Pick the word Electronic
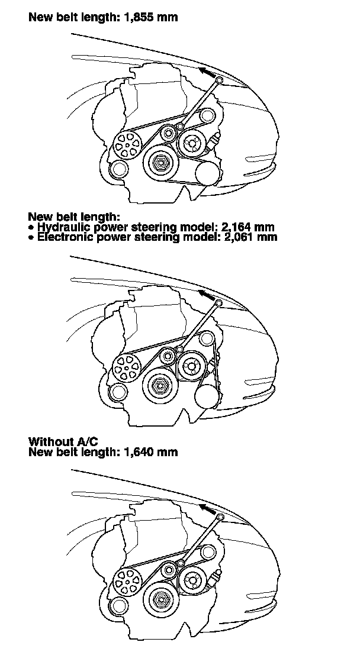[66, 237]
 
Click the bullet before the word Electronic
[31, 237]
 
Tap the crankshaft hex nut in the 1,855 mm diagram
[160, 162]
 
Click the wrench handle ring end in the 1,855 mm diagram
[219, 80]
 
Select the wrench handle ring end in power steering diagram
[218, 303]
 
